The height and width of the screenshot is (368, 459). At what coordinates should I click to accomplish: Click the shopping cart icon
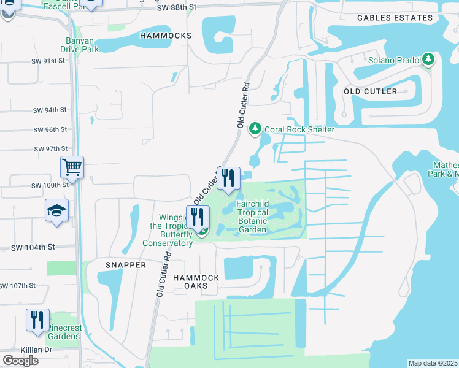(72, 166)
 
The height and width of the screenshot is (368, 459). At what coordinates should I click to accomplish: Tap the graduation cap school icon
(56, 211)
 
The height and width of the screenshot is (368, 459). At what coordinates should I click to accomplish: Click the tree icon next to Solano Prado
(428, 60)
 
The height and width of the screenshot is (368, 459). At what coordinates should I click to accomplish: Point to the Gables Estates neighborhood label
(395, 18)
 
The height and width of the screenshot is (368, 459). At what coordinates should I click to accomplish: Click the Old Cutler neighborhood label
(370, 91)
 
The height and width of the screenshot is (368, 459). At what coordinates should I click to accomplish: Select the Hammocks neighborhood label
(166, 36)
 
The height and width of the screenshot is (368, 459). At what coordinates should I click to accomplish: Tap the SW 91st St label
(48, 61)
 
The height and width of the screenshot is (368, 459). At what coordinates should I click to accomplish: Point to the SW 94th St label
(50, 110)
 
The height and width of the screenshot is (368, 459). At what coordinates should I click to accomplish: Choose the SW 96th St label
(50, 130)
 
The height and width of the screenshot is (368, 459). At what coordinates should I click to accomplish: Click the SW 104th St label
(33, 247)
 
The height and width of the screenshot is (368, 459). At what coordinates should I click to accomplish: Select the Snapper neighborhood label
(125, 265)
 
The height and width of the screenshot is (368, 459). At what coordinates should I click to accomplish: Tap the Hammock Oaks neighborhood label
(196, 282)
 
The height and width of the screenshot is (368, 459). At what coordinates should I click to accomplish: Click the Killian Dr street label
(18, 349)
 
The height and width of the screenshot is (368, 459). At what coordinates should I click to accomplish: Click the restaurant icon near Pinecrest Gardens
(37, 320)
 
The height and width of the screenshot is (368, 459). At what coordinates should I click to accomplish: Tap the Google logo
(20, 361)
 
